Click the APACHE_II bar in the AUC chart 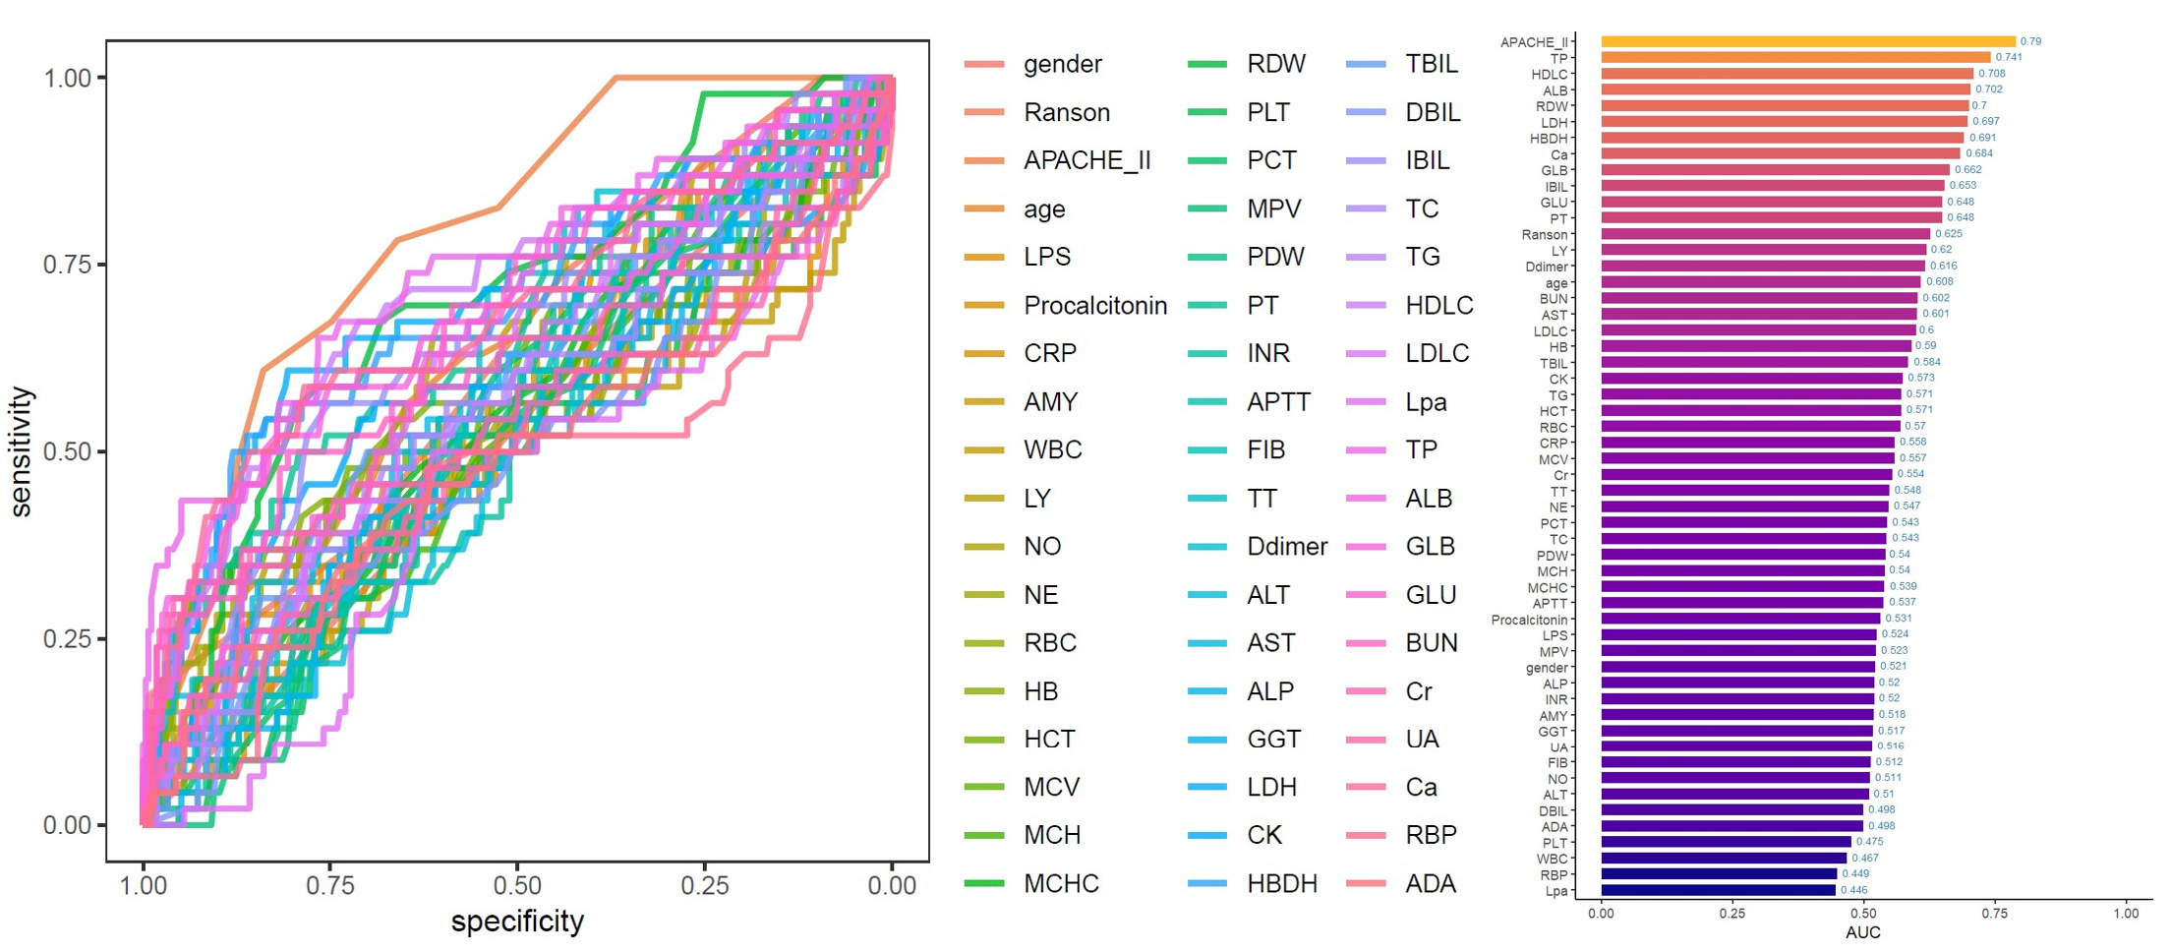[x=1807, y=41]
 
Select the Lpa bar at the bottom [x=1718, y=890]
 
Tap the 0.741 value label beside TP [x=2009, y=57]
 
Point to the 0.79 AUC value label [x=2030, y=41]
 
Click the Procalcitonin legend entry [x=1094, y=305]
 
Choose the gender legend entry [x=1062, y=64]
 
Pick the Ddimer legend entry [x=1286, y=546]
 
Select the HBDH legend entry [x=1281, y=883]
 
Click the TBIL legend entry [x=1431, y=64]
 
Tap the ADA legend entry [x=1430, y=883]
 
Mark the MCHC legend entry [x=1061, y=883]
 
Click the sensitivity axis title [x=22, y=451]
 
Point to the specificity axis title [x=517, y=922]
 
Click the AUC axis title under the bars [x=1862, y=932]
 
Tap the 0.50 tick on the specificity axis [x=517, y=885]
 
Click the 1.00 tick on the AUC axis [x=2126, y=913]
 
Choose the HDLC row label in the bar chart [x=1549, y=74]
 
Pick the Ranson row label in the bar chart [x=1544, y=234]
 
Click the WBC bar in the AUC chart [x=1723, y=858]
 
